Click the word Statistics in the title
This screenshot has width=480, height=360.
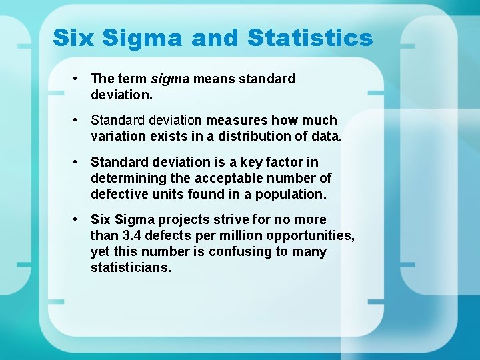[x=310, y=38]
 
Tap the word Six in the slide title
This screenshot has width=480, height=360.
[x=73, y=38]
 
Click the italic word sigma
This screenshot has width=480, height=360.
[x=171, y=79]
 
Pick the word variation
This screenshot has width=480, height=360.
[x=117, y=137]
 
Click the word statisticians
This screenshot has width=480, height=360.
[x=131, y=267]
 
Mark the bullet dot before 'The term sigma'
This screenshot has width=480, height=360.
[x=77, y=79]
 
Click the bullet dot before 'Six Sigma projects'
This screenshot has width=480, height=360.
[x=77, y=219]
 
